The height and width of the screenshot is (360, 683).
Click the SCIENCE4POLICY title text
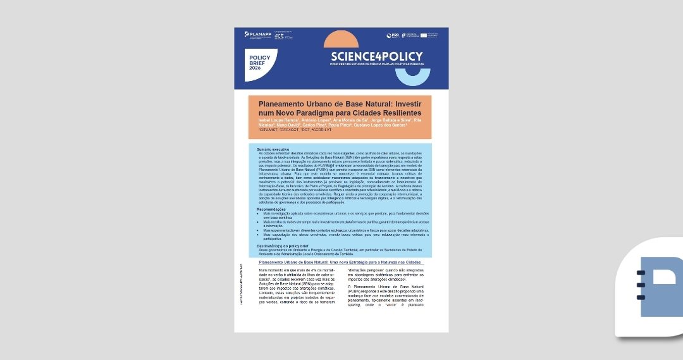(x=376, y=56)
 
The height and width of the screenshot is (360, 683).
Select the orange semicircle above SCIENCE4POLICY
(x=345, y=41)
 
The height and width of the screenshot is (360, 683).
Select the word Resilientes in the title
(x=397, y=112)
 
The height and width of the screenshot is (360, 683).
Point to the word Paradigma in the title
(x=335, y=112)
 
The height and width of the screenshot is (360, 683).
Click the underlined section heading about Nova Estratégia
(x=340, y=261)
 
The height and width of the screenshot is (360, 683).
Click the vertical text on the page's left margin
(x=241, y=285)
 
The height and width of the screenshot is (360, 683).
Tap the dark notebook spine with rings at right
(x=641, y=285)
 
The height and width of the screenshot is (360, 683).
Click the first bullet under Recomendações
(x=341, y=215)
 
